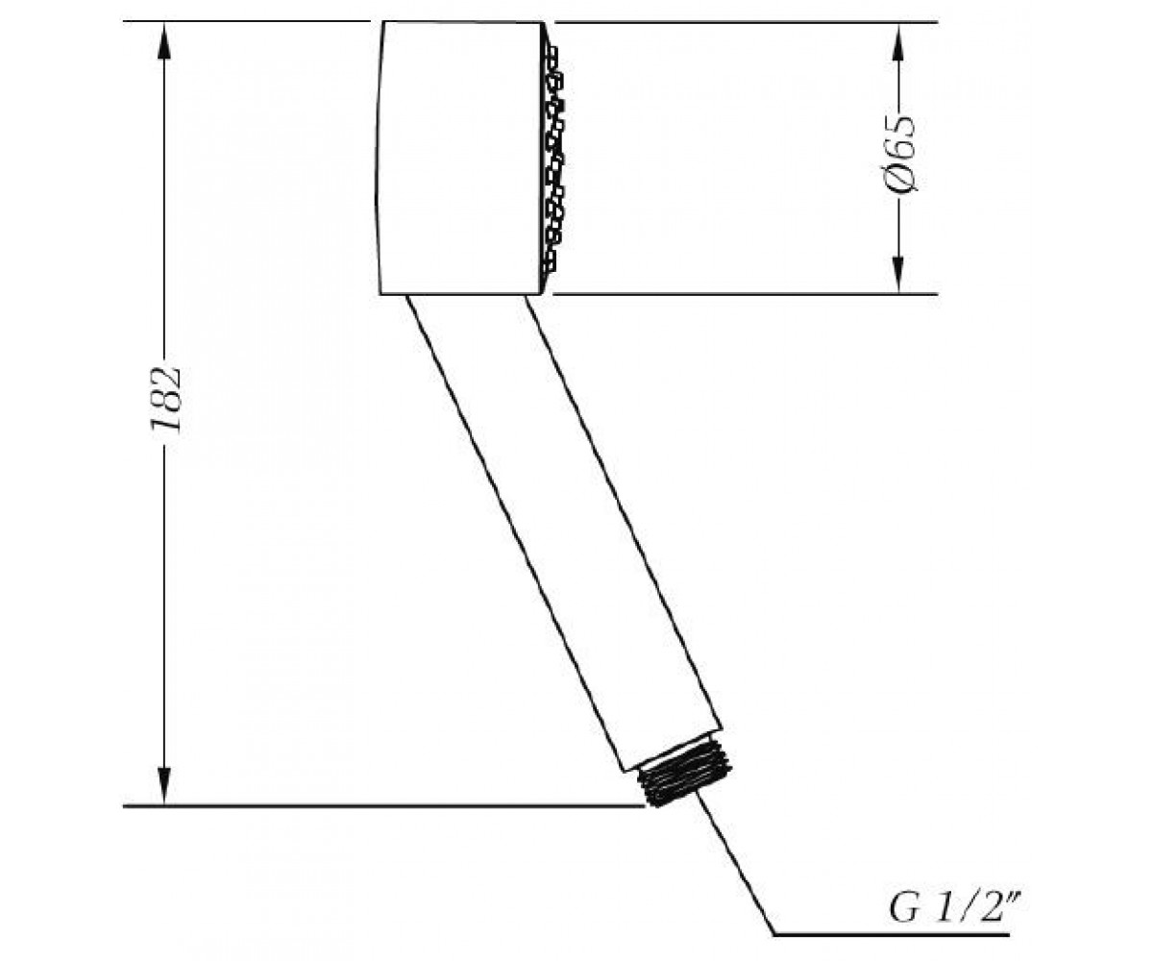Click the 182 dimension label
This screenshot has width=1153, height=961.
(x=165, y=399)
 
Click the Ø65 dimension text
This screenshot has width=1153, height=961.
(x=899, y=154)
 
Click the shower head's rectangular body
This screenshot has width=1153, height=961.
(x=459, y=158)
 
